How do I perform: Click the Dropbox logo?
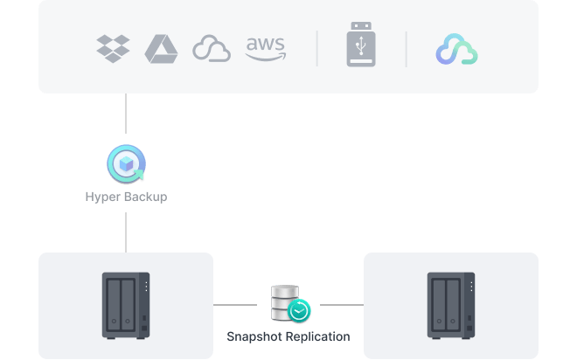tap(113, 48)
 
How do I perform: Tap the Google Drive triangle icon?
tap(162, 48)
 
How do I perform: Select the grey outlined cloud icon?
tap(211, 49)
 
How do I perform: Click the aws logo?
tap(265, 48)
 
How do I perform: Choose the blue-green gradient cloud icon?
tap(456, 50)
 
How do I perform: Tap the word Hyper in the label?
tap(103, 197)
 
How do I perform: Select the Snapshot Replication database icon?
tap(286, 302)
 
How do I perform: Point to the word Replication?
tap(319, 336)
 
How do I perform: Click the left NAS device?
tap(126, 305)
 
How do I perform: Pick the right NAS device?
tap(450, 305)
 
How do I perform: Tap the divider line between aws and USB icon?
tap(316, 49)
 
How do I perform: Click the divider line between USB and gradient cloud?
tap(407, 49)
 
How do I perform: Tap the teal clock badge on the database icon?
tap(300, 311)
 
